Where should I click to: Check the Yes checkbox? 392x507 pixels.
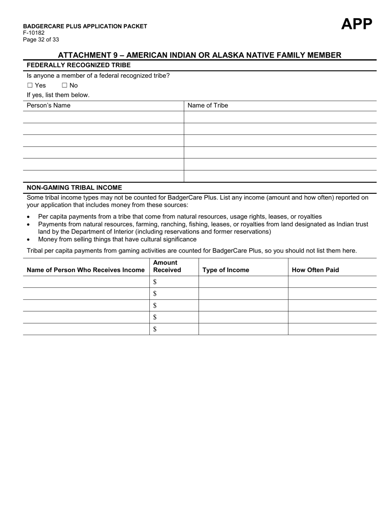click(x=30, y=85)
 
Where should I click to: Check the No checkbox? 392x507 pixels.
click(x=64, y=85)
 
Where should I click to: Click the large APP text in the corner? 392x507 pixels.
click(x=357, y=24)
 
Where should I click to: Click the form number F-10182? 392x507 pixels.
click(x=34, y=33)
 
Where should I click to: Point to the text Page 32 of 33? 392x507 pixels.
click(x=41, y=40)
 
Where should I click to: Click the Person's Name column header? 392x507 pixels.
click(x=48, y=106)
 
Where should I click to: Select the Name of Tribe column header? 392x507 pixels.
click(x=208, y=106)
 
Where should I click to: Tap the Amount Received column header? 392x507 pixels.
click(x=167, y=266)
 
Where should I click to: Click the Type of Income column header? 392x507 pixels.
click(x=226, y=270)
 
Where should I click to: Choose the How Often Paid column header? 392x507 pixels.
click(x=315, y=270)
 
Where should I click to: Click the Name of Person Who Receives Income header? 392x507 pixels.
click(x=85, y=270)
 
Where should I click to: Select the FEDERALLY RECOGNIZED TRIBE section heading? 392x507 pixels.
click(x=78, y=65)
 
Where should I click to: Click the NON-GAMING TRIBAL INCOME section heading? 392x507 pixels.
click(x=74, y=188)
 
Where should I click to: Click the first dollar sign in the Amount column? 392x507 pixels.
click(x=155, y=282)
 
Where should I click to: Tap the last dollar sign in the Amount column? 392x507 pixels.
click(x=155, y=329)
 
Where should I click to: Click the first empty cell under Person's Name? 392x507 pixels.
click(x=103, y=117)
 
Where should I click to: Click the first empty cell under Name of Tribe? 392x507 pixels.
click(x=280, y=117)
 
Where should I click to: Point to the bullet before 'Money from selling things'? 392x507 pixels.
click(x=28, y=239)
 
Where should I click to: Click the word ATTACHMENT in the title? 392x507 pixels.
click(x=85, y=55)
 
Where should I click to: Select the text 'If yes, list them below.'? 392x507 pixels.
click(x=58, y=95)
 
